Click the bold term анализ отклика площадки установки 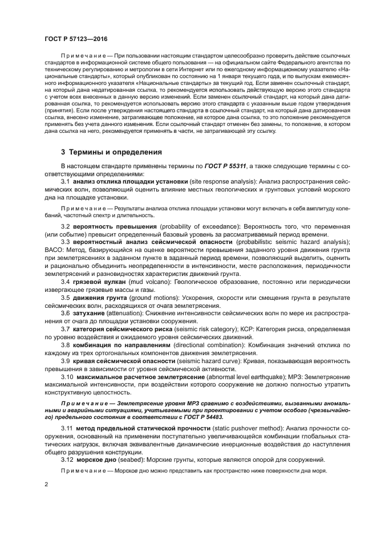(x=131, y=181)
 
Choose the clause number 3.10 (x=67, y=376)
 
